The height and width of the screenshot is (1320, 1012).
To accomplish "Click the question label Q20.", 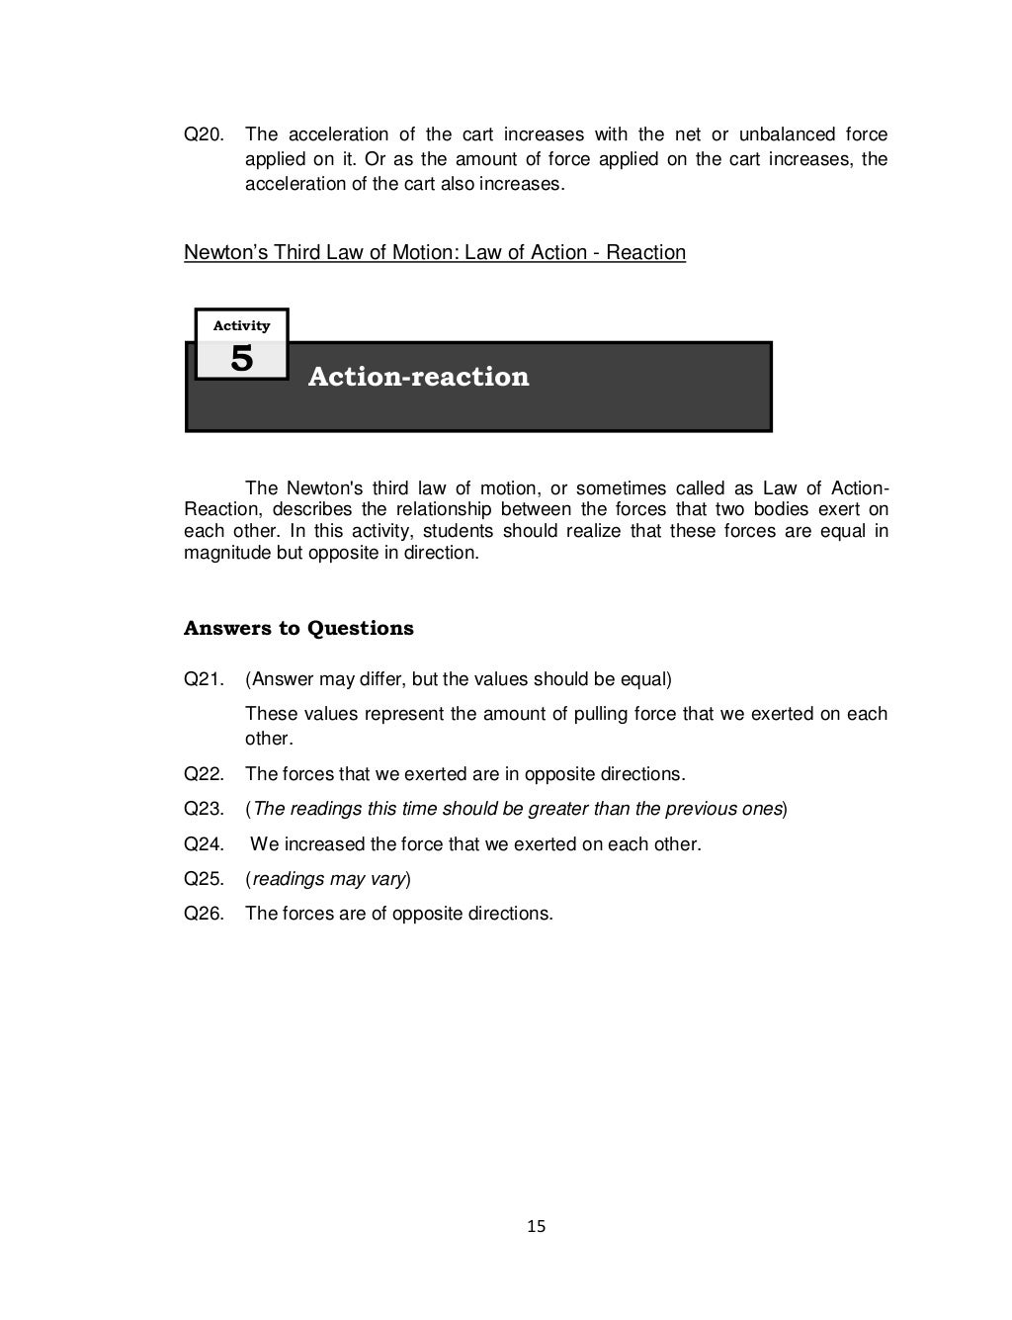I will click(x=204, y=134).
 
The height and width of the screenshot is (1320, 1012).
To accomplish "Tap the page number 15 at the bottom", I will click(x=536, y=1227).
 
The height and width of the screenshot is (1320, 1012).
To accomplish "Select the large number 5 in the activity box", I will click(x=241, y=359).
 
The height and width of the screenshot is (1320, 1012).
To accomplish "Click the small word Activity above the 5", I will click(x=241, y=325).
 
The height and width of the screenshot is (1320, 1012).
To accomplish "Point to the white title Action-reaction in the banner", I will click(x=418, y=377).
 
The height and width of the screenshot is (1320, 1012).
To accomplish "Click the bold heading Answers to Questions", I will click(x=298, y=629).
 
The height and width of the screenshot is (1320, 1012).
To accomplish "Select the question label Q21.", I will click(x=204, y=679).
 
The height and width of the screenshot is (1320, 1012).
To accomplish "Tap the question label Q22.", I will click(x=204, y=773).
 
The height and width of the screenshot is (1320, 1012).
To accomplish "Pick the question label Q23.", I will click(x=204, y=809).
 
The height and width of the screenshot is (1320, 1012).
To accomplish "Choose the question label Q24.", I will click(x=204, y=844).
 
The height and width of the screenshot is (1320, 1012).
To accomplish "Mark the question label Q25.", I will click(x=204, y=879).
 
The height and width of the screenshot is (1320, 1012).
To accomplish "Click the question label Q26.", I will click(x=204, y=914).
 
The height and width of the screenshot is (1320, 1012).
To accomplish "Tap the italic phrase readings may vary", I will click(x=328, y=879).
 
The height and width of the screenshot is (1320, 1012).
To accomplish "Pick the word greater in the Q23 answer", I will click(x=554, y=809).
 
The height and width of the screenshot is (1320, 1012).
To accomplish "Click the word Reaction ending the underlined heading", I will click(x=645, y=253).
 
